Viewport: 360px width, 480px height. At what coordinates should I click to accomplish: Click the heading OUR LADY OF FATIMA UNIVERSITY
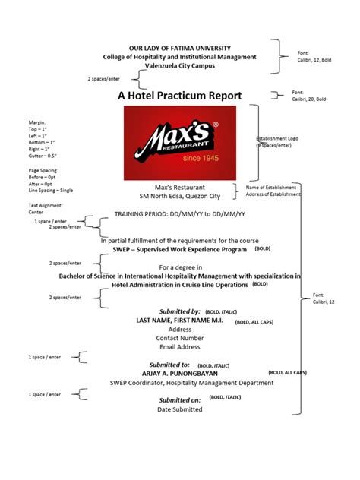point(179,48)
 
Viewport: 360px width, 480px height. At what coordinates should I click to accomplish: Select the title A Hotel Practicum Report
point(179,96)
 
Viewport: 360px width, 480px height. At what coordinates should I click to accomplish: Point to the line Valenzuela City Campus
point(179,66)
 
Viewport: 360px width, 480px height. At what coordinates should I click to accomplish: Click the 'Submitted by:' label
point(179,311)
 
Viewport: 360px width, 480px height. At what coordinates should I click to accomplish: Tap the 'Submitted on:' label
point(179,399)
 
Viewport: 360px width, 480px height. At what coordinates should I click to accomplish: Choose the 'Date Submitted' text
point(179,409)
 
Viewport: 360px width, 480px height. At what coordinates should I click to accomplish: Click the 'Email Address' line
point(179,346)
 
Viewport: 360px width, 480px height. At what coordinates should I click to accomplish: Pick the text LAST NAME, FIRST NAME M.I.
point(179,321)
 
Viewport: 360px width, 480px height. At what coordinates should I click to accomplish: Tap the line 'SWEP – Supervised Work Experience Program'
point(179,249)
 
